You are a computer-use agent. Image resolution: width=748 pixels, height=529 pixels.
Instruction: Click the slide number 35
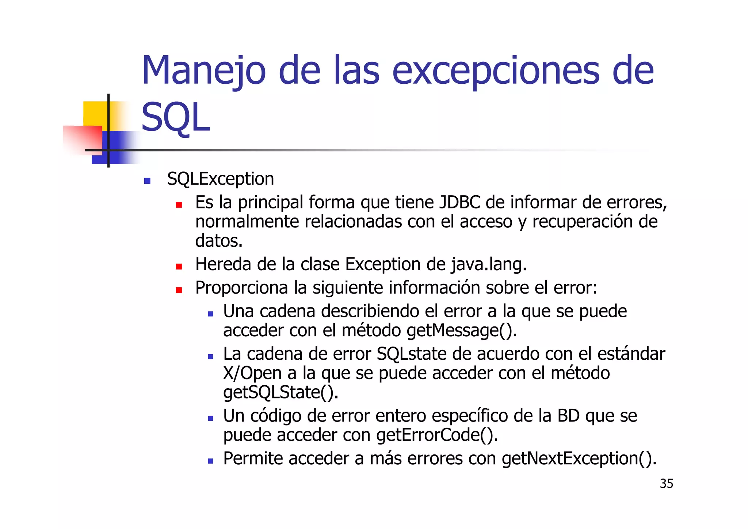(x=666, y=484)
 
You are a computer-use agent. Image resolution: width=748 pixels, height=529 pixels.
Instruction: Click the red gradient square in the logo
(x=83, y=140)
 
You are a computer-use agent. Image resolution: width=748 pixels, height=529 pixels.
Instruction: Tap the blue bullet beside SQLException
(x=147, y=181)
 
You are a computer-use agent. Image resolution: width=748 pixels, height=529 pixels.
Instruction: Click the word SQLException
(x=220, y=179)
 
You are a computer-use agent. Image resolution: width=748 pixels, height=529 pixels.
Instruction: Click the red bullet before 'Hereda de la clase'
(x=179, y=267)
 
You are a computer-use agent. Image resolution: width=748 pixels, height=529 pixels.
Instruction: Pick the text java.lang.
(x=489, y=264)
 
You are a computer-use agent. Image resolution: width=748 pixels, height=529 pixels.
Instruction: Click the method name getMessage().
(x=461, y=331)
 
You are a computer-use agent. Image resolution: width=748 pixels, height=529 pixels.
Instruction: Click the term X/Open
(x=252, y=373)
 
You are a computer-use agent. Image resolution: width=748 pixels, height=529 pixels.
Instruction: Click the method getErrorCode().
(x=437, y=435)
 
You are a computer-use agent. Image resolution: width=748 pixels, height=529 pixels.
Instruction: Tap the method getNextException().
(x=579, y=458)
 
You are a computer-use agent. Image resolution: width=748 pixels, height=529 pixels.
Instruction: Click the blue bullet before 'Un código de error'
(x=210, y=418)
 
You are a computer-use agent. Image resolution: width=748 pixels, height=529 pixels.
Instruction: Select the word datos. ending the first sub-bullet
(x=219, y=241)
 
